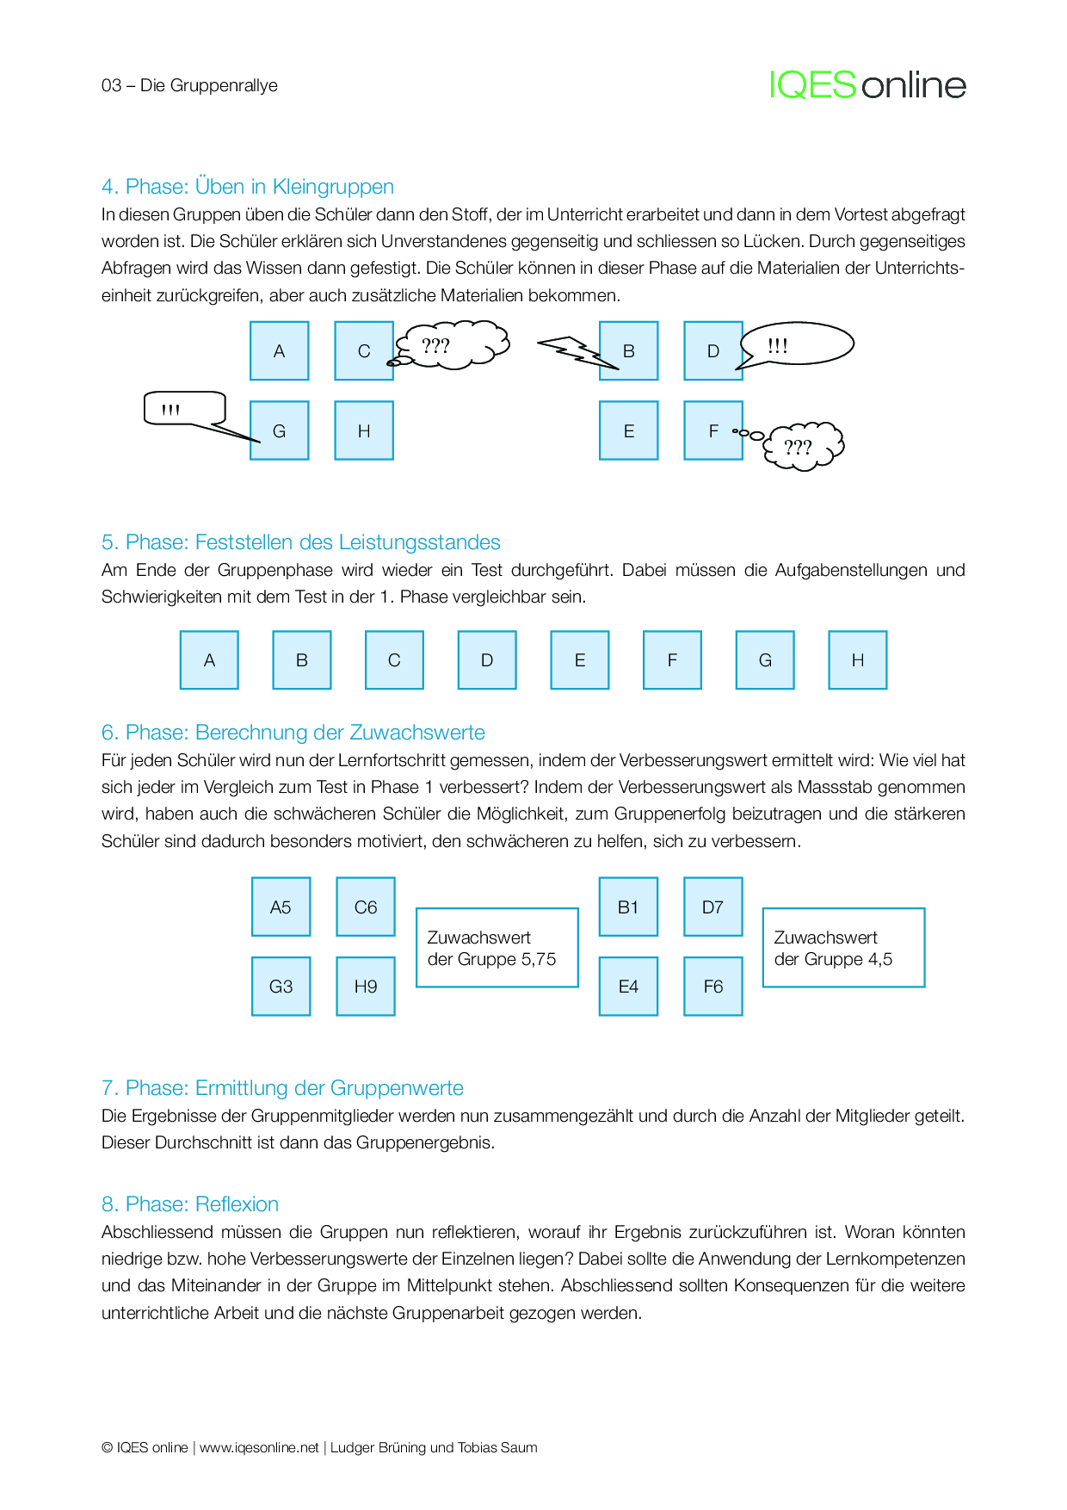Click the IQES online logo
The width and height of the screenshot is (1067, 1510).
867,85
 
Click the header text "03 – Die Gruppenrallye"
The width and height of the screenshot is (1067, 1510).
189,85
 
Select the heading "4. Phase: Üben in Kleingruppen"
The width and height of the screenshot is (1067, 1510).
248,187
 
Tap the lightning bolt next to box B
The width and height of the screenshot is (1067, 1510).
574,351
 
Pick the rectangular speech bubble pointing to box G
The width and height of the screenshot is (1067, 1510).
184,408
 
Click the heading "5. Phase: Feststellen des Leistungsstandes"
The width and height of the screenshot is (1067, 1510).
301,542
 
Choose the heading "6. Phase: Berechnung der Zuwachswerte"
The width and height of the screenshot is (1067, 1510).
293,733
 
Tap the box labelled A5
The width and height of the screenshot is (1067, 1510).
281,907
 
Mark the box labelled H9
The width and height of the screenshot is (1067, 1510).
366,986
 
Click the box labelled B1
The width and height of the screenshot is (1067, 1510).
628,907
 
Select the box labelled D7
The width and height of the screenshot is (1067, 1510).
712,907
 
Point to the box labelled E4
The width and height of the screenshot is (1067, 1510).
628,986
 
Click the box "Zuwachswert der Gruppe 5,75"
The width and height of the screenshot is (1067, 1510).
496,947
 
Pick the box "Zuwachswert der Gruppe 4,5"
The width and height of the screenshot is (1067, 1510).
843,947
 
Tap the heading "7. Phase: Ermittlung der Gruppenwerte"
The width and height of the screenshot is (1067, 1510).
282,1088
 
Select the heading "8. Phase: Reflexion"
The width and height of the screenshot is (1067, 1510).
190,1204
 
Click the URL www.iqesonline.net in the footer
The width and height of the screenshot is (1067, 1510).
259,1447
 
